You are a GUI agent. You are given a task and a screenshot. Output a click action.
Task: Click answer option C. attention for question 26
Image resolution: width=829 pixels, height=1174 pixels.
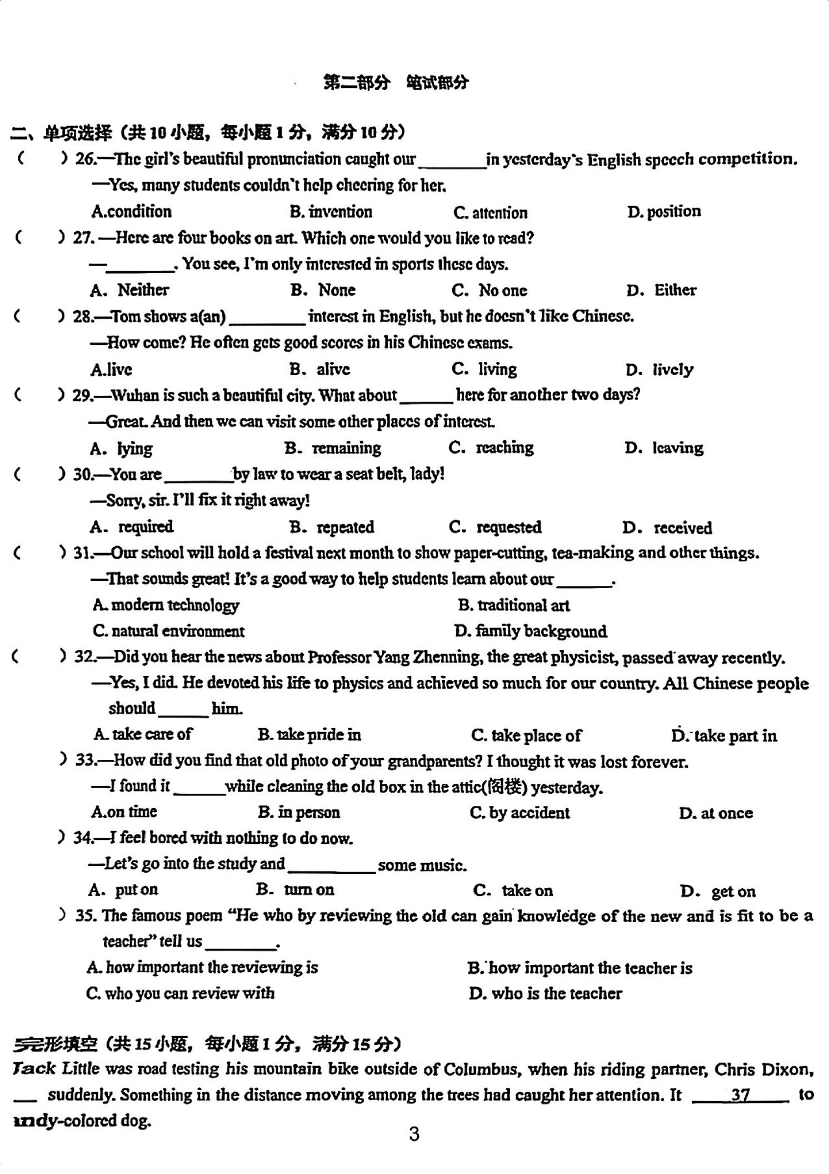point(490,213)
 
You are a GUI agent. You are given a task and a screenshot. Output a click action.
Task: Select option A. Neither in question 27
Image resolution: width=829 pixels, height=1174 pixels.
point(129,290)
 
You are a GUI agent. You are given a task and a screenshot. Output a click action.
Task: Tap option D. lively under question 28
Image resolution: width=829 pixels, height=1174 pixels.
point(660,370)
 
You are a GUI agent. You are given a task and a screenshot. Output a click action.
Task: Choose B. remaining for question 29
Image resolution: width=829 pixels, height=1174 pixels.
point(333,448)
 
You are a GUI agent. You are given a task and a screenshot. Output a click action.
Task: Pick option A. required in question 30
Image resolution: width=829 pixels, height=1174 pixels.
point(132,527)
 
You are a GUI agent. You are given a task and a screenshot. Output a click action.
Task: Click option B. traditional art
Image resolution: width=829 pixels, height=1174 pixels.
point(514,605)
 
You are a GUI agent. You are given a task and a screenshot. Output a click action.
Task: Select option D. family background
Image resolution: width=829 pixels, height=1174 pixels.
point(531,631)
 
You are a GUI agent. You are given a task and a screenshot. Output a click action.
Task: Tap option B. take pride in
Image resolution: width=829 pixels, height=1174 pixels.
point(309,735)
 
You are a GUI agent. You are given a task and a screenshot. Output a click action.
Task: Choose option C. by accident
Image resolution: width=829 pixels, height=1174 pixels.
point(520,813)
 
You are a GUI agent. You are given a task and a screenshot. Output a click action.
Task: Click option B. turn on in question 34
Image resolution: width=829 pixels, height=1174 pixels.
point(296,890)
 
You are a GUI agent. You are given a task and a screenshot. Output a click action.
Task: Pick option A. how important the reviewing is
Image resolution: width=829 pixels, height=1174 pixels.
point(202,968)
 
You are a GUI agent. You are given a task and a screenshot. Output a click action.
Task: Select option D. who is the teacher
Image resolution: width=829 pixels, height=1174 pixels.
point(546,993)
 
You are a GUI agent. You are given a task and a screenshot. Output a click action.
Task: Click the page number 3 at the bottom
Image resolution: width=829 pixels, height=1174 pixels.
point(414,1134)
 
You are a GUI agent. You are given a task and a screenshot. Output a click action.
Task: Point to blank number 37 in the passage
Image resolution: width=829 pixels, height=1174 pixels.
point(740,1095)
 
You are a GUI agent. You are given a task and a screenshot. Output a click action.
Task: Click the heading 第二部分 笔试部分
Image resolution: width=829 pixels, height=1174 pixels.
point(396,83)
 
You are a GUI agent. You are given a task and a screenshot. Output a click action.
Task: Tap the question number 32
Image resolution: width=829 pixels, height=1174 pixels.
point(86,656)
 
